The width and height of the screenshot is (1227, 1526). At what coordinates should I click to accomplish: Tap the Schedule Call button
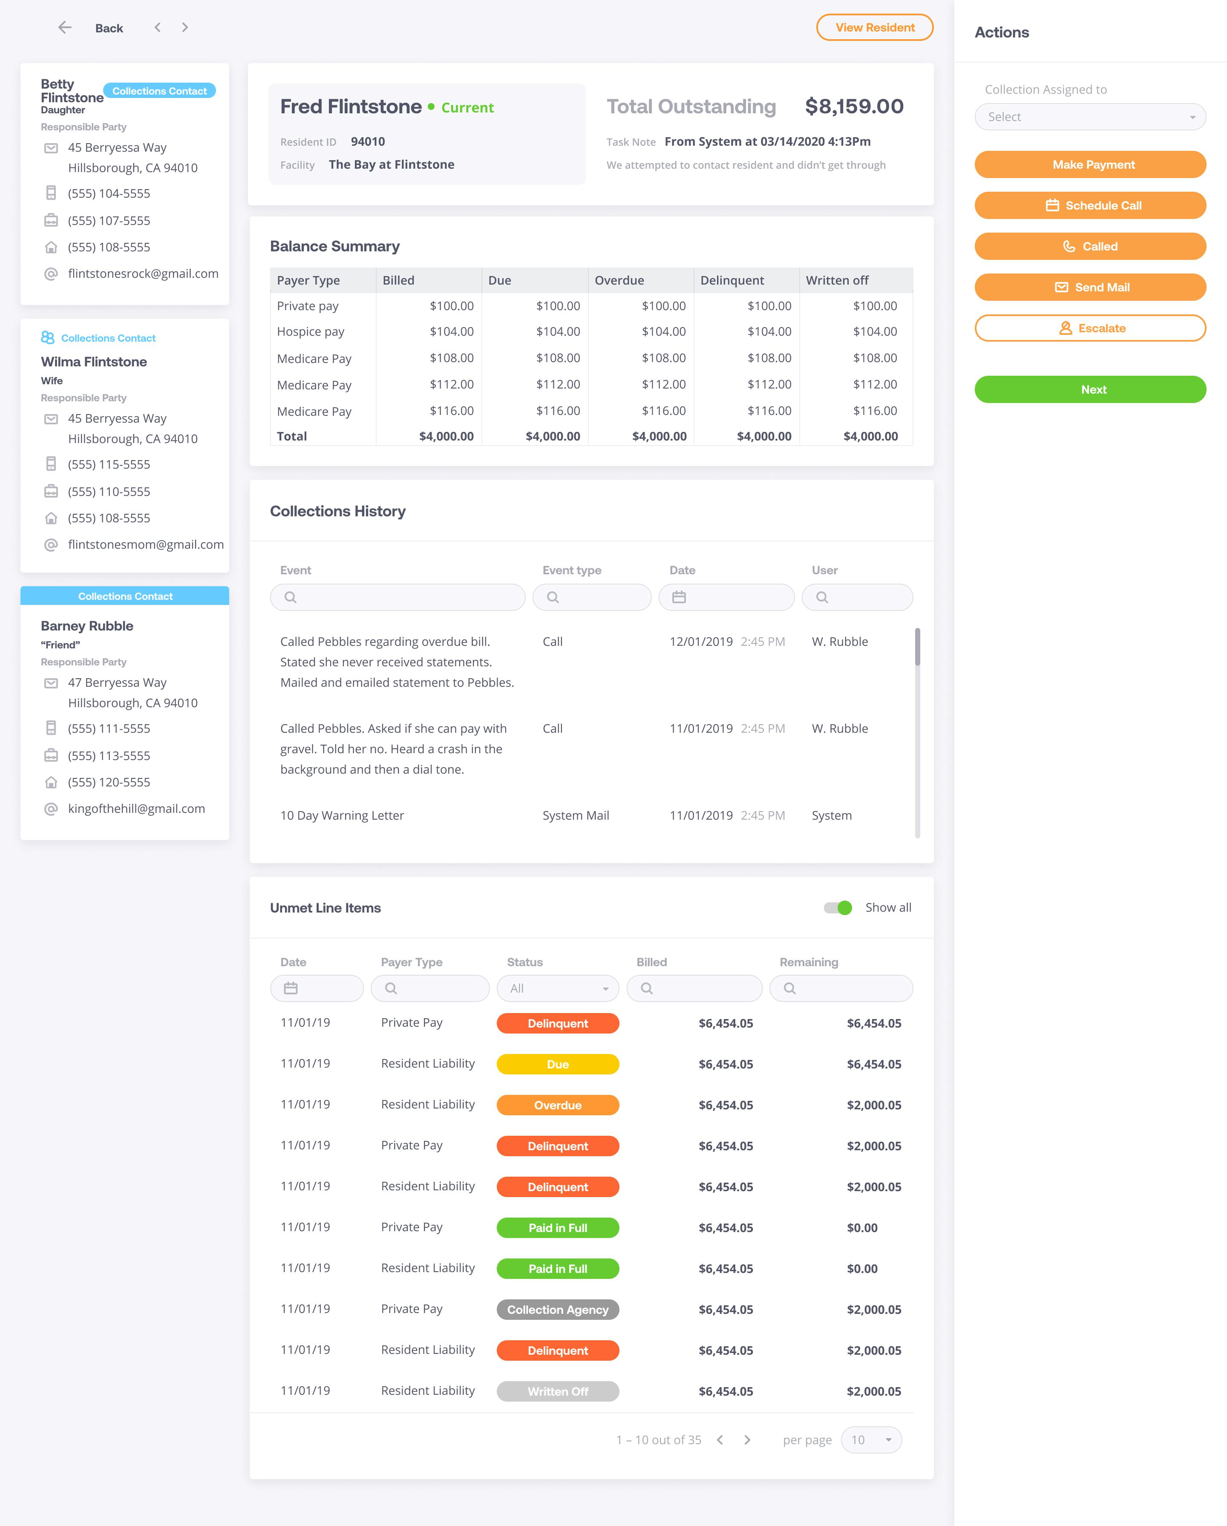1090,205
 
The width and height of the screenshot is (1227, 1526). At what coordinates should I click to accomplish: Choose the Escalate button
1090,328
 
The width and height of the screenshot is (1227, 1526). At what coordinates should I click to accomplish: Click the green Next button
1090,389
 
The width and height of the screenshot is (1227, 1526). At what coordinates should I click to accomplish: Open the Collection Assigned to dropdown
1090,117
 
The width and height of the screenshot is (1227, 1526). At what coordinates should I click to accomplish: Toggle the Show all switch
838,907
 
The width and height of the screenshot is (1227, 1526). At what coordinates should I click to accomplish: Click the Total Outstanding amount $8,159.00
854,106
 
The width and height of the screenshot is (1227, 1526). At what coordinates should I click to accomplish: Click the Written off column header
837,280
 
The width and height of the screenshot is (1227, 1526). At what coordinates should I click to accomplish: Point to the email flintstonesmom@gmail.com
146,544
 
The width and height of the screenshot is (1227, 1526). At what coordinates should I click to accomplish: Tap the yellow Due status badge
558,1064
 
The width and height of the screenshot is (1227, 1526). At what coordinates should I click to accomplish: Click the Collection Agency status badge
558,1310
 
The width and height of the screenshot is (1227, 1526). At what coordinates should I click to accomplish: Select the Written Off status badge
558,1391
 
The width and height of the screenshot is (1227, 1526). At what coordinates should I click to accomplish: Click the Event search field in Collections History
398,597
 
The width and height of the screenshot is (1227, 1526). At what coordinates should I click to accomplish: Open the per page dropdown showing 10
871,1440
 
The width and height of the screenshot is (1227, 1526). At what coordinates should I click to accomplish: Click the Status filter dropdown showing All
558,988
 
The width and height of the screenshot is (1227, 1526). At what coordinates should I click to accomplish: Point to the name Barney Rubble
87,626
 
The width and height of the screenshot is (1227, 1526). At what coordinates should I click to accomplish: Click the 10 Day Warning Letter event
342,815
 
